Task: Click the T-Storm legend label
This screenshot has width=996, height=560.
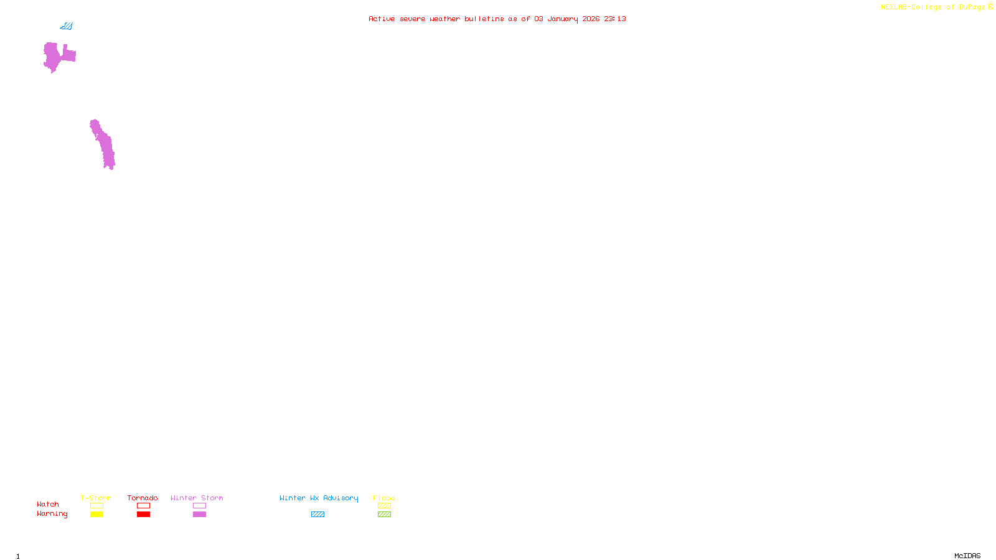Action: (x=96, y=498)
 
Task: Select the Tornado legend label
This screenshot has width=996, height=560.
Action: (x=143, y=498)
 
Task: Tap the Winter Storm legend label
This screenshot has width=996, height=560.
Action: (x=197, y=498)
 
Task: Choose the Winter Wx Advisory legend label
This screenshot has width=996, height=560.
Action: (x=319, y=498)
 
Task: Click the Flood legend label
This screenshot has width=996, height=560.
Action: (x=384, y=498)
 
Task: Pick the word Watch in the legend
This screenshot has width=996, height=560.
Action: (x=48, y=505)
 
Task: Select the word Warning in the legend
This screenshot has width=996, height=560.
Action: (x=52, y=514)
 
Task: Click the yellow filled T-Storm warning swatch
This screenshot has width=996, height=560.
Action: (x=96, y=515)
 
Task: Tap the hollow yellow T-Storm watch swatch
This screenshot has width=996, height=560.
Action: (x=96, y=506)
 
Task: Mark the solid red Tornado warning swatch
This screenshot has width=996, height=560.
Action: (x=143, y=515)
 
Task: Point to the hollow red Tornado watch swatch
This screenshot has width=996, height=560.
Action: (x=143, y=506)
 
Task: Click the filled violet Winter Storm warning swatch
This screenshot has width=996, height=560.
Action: (x=199, y=515)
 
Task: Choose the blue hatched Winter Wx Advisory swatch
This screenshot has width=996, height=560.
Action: (x=317, y=515)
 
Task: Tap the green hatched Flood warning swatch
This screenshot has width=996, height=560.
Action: (x=384, y=515)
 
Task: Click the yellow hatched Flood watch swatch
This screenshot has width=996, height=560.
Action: (x=384, y=506)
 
